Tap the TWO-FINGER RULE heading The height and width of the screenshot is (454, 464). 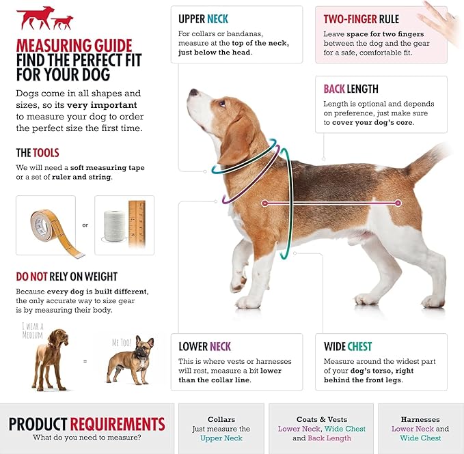pyautogui.click(x=361, y=19)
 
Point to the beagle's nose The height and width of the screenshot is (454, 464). pyautogui.click(x=192, y=92)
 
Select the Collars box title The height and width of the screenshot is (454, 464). pyautogui.click(x=221, y=419)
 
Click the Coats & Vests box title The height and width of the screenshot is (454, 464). pyautogui.click(x=321, y=419)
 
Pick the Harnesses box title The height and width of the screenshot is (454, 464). pyautogui.click(x=420, y=419)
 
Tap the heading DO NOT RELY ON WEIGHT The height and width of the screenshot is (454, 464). pyautogui.click(x=67, y=276)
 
